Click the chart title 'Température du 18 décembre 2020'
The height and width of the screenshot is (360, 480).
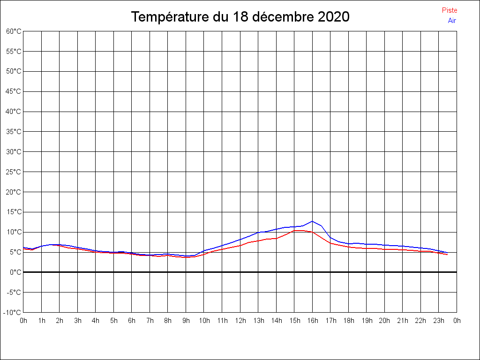[x=240, y=17]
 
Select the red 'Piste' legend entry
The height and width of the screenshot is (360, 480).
[x=449, y=10]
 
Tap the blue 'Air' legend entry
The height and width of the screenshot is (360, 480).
[x=452, y=21]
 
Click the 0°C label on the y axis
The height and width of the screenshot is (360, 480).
[x=16, y=272]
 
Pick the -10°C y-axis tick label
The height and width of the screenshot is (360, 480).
[x=13, y=313]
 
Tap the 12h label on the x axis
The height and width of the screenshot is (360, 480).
[x=240, y=321]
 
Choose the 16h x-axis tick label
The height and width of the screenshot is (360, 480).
[x=313, y=321]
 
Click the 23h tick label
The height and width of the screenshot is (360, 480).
[x=439, y=321]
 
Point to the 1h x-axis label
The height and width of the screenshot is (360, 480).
[x=42, y=321]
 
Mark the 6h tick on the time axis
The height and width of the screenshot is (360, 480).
[x=132, y=321]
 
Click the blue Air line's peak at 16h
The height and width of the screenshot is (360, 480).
[x=312, y=221]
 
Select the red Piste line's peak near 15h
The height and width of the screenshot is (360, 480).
[x=298, y=230]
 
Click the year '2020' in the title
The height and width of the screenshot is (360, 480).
[x=333, y=17]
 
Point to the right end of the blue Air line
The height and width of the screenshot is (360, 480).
[x=447, y=253]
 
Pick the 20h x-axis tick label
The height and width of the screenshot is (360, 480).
[x=384, y=321]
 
